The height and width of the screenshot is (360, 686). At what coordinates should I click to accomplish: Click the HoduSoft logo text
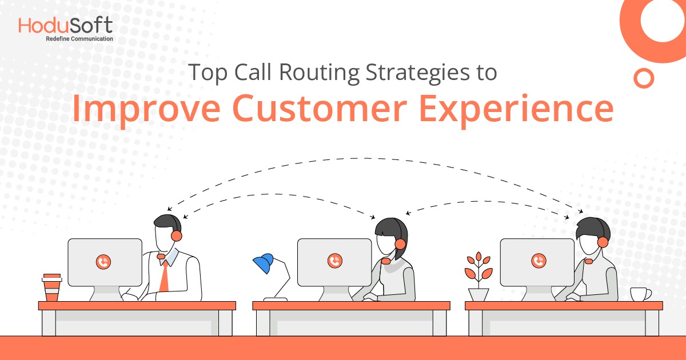click(x=65, y=25)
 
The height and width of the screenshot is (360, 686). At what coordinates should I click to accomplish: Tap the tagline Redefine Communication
click(x=79, y=39)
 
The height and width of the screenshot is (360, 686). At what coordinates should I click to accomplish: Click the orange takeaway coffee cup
click(x=51, y=287)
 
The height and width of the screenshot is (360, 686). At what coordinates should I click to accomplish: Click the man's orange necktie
click(x=164, y=276)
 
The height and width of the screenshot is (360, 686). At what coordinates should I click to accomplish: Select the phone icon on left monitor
click(x=103, y=262)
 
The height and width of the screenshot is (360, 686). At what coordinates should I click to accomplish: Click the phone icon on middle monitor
click(x=334, y=261)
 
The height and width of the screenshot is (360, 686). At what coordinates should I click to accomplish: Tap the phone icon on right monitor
click(x=538, y=261)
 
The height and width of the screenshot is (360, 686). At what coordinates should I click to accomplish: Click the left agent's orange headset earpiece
click(x=177, y=235)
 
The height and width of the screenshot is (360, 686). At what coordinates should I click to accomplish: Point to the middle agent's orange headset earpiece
click(x=400, y=244)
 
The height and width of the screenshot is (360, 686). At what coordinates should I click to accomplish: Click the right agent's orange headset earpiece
click(x=602, y=242)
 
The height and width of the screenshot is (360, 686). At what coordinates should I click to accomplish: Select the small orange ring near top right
click(x=644, y=78)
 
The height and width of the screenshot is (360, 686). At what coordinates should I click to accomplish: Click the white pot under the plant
click(x=478, y=295)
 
